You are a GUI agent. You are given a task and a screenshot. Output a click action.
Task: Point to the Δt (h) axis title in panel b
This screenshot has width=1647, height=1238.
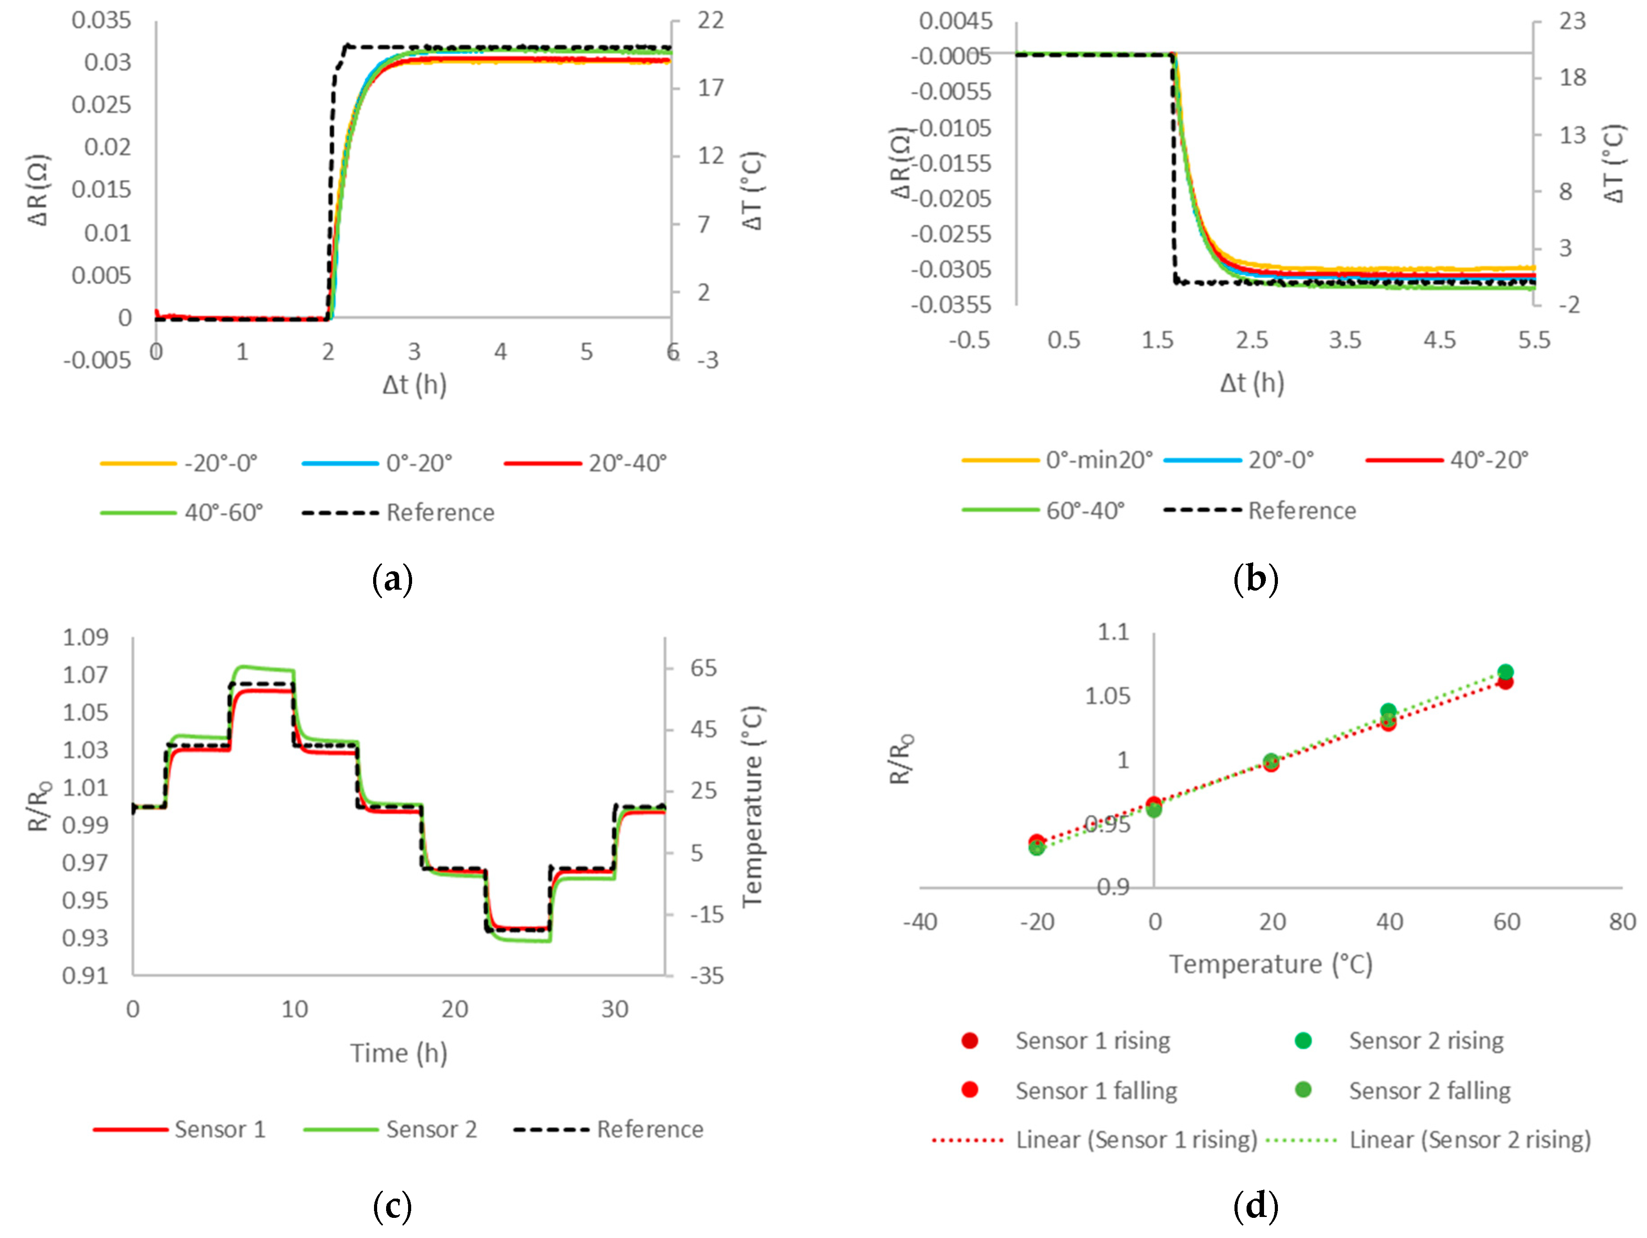click(x=1251, y=383)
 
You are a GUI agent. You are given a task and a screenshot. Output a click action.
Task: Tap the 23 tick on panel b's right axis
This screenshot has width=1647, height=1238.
click(x=1573, y=21)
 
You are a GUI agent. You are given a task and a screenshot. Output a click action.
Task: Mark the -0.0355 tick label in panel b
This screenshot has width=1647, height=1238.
click(x=951, y=304)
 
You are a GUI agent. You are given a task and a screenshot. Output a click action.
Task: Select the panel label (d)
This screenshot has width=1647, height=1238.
click(x=1256, y=1204)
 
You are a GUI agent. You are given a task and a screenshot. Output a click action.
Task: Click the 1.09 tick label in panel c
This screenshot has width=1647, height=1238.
click(x=85, y=637)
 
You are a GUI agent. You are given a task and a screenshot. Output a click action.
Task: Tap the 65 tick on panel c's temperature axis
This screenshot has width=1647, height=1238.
click(x=703, y=668)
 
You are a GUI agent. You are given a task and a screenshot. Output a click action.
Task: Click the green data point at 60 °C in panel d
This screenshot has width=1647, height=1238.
click(x=1505, y=672)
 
